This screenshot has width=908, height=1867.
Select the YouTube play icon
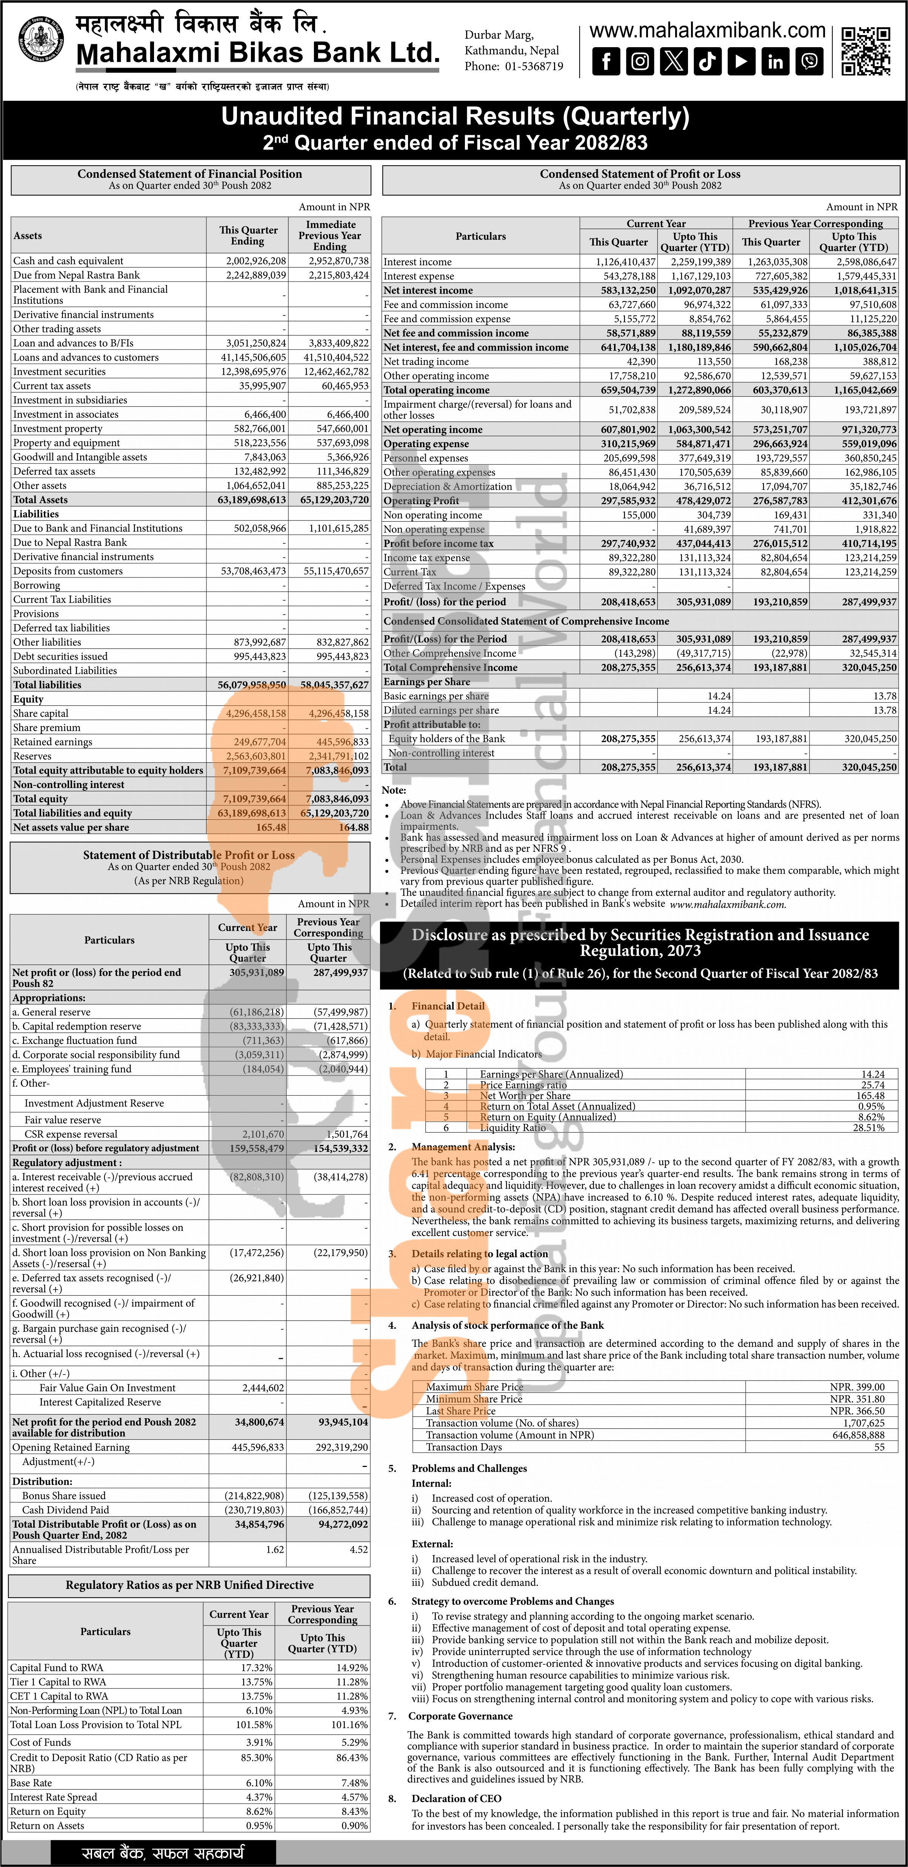741,62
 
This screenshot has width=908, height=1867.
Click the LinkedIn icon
776,62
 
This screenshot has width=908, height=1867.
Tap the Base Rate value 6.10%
259,1782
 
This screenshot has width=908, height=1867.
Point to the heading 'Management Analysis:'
463,1147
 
